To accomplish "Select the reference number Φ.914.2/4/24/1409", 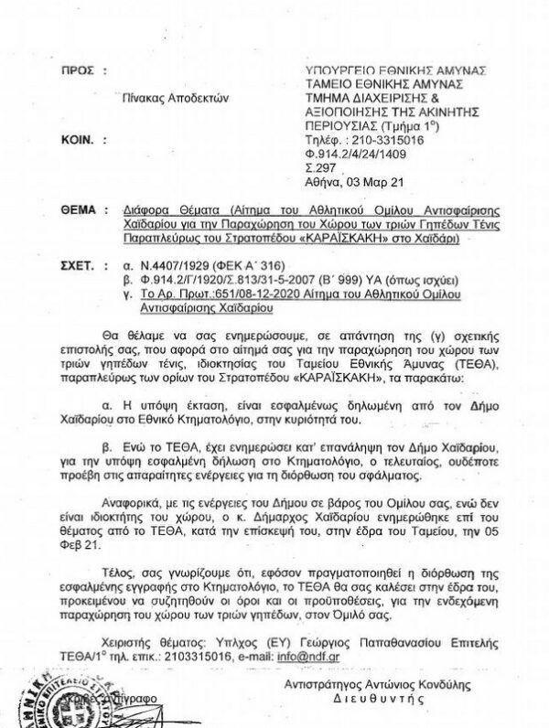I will (x=357, y=155).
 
